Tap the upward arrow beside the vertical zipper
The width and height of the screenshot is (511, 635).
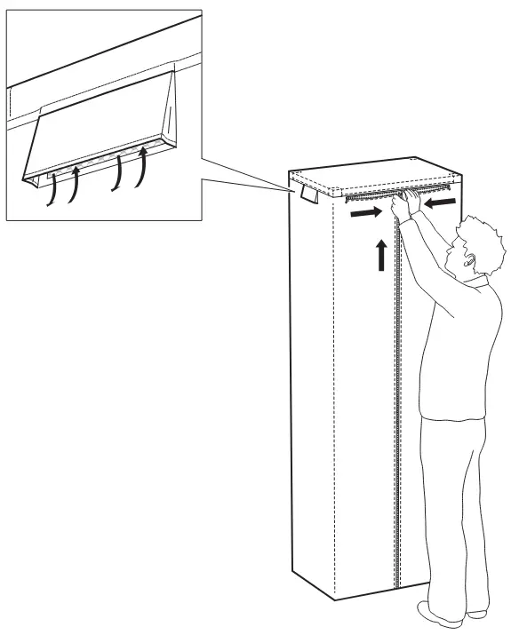tap(380, 254)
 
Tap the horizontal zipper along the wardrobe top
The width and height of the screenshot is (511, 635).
tap(391, 194)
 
